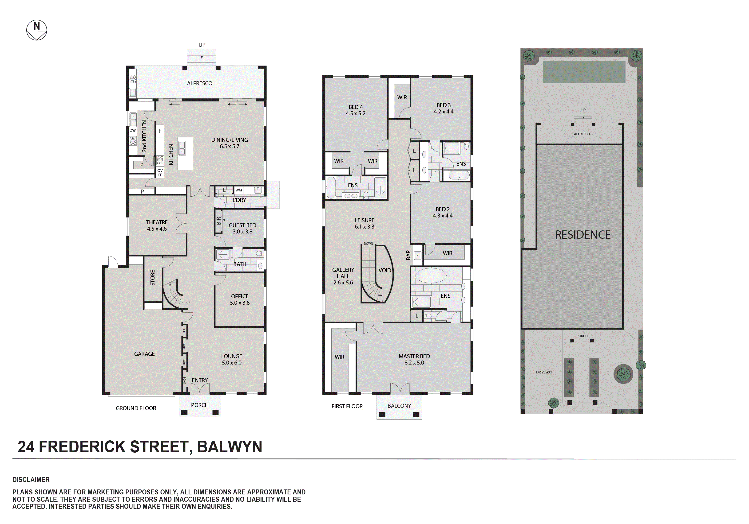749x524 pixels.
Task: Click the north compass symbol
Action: [36, 30]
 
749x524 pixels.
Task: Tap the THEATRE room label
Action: [157, 222]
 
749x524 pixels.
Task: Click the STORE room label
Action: [153, 278]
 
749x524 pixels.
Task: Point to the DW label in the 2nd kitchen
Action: [132, 130]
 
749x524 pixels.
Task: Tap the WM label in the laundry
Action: [239, 190]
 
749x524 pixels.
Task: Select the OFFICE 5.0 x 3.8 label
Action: [240, 299]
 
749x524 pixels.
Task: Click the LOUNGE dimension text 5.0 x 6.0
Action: [232, 363]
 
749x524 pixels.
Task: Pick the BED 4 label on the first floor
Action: [356, 107]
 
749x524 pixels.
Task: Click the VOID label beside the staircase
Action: [385, 270]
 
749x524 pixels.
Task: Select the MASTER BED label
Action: [414, 356]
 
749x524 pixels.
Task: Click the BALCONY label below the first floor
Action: [399, 406]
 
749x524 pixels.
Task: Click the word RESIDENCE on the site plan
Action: [583, 235]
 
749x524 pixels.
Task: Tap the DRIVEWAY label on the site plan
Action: [544, 372]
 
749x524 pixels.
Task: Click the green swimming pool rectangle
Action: [584, 72]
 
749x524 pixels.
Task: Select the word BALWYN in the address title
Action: [230, 447]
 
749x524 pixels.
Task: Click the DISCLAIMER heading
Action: [31, 480]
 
